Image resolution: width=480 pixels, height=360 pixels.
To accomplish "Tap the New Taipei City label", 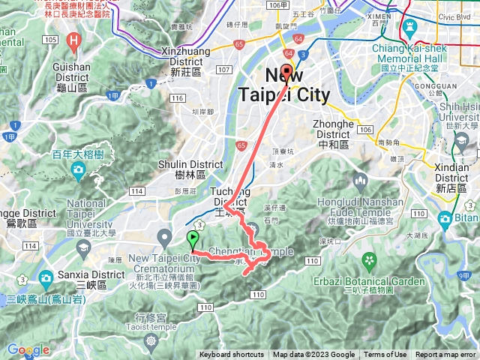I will point(284,85).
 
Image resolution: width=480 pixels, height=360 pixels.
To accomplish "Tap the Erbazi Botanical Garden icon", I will point(369,260).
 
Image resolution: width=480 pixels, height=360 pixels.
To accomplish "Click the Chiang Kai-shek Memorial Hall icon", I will point(410,27).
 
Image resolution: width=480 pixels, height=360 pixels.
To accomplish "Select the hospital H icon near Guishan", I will point(73,40).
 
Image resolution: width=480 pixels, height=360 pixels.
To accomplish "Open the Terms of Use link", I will point(385,355).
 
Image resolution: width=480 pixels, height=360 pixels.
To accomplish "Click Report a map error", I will point(445,355).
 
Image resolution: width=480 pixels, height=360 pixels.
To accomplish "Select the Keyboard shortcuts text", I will point(232,355).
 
